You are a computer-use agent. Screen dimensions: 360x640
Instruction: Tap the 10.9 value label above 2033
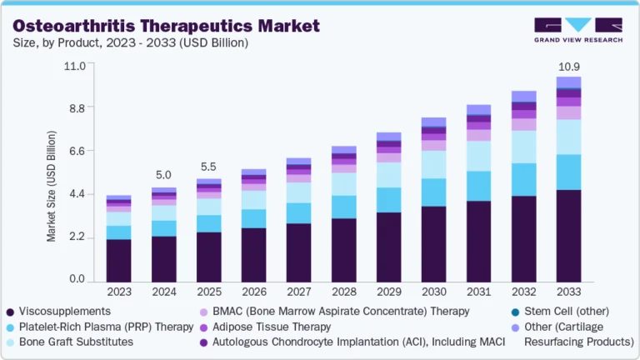coord(568,66)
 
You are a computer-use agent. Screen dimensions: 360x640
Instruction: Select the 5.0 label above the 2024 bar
coord(163,175)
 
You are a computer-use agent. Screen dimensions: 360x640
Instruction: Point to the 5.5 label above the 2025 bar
coord(208,167)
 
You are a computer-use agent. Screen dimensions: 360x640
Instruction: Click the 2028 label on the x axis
coord(343,292)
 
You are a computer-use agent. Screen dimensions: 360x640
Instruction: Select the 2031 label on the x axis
coord(478,292)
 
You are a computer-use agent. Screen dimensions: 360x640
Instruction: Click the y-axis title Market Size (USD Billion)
coord(52,186)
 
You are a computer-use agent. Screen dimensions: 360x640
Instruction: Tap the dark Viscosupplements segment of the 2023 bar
coord(118,261)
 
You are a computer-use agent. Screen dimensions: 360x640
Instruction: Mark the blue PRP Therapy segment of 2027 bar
coord(298,213)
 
